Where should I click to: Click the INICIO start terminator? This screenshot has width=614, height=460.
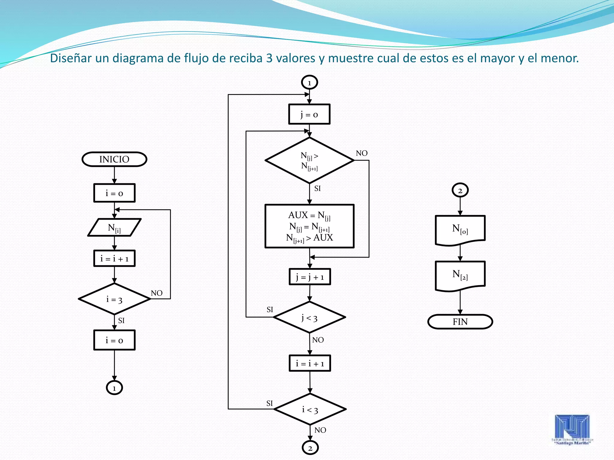pos(114,159)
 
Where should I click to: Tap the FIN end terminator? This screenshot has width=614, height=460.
pos(460,322)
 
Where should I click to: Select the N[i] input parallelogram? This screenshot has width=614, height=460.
pos(114,228)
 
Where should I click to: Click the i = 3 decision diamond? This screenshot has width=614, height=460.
pos(114,299)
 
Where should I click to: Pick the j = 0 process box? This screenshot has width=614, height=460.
pos(309,114)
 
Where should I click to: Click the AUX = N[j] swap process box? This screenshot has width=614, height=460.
pos(309,226)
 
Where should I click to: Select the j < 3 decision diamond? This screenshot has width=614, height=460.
pos(309,317)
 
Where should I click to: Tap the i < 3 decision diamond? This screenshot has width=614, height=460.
pos(310,409)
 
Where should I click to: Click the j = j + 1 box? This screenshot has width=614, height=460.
pos(310,277)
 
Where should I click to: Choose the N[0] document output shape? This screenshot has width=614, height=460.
pos(460,229)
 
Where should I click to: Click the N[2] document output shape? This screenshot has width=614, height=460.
pos(460,275)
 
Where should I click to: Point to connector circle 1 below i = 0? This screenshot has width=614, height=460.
pos(114,388)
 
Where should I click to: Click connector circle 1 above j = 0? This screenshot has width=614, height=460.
pos(309,82)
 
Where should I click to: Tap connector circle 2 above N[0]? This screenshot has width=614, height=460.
pos(460,190)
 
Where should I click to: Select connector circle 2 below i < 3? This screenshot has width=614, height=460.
pos(310,448)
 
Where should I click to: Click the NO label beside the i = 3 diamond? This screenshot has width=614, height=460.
pos(156,293)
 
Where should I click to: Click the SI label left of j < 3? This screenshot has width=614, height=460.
pos(270,309)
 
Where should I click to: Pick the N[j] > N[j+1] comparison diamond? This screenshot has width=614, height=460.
pos(309,161)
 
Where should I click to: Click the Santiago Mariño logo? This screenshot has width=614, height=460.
pos(572,429)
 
